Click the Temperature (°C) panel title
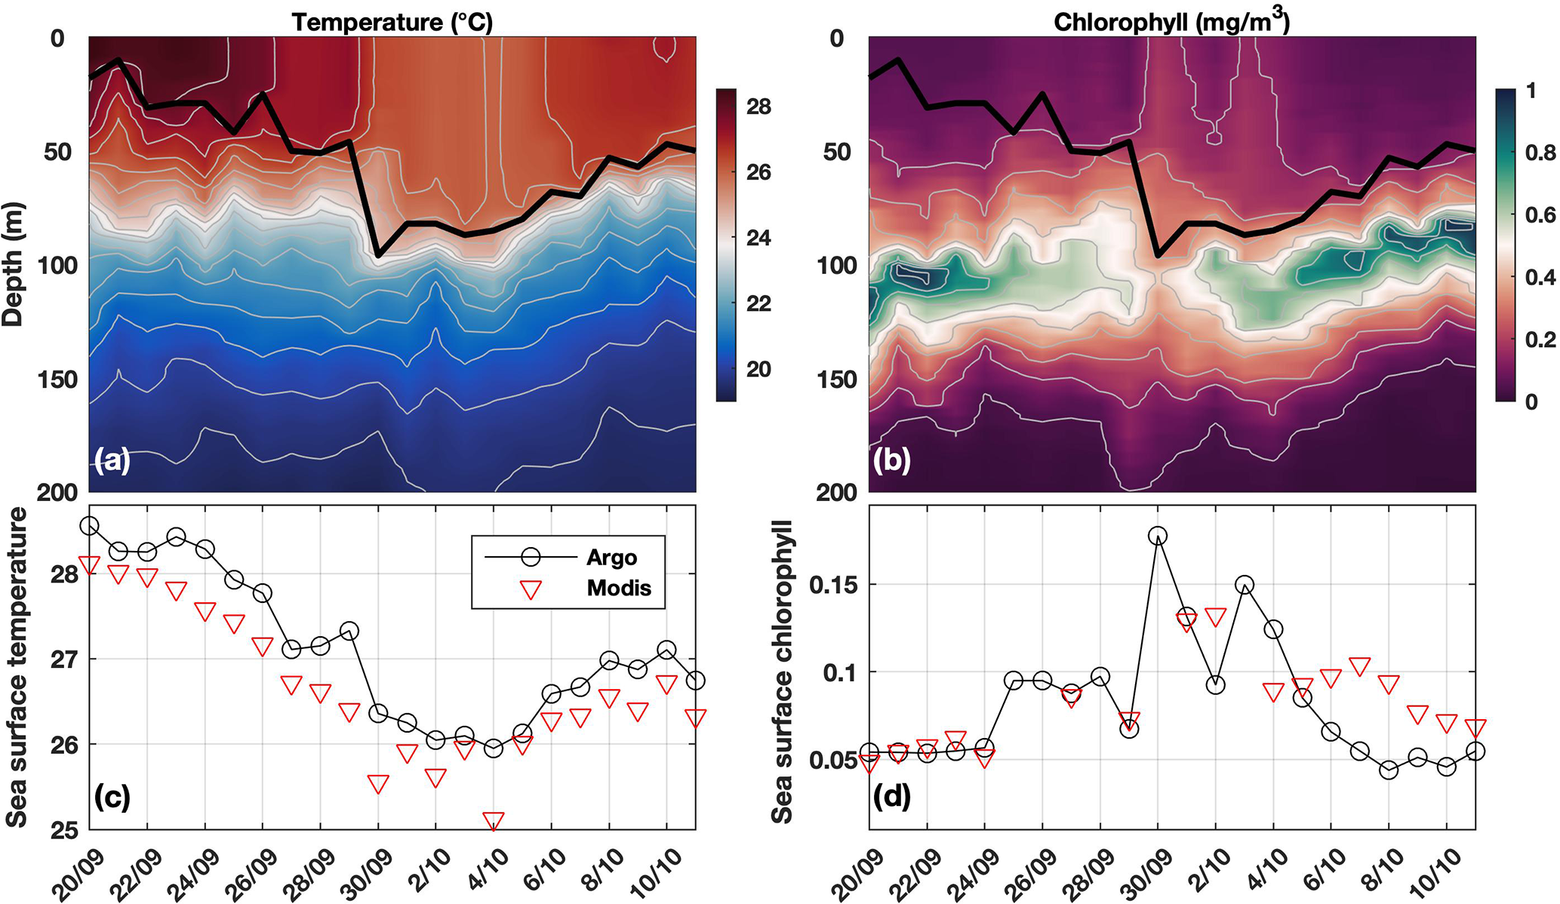tap(392, 23)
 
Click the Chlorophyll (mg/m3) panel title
tap(1171, 23)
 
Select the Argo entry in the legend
tap(611, 558)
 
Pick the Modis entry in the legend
tap(619, 588)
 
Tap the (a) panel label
tap(112, 460)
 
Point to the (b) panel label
tap(891, 460)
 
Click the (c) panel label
tap(112, 796)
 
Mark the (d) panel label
tap(891, 796)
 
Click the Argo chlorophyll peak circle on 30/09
tap(1158, 536)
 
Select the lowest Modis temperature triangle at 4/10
tap(494, 821)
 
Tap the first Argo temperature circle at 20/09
tap(89, 526)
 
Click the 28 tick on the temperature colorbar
tap(758, 106)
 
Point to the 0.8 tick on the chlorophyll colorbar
tap(1540, 153)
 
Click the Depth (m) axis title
tap(14, 264)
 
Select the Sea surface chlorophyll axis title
tap(782, 672)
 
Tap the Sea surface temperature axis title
tap(17, 667)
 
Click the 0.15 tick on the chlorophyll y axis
tap(835, 585)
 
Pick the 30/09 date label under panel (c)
tap(374, 875)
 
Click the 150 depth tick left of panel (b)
tap(836, 380)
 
